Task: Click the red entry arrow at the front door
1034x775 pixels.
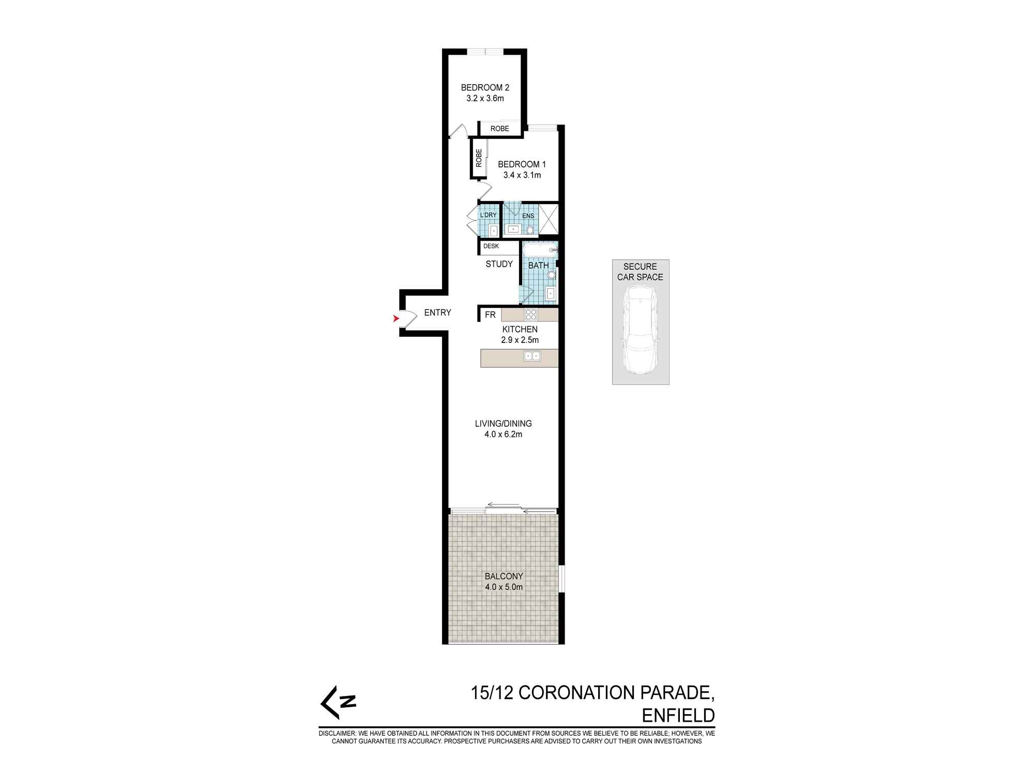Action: tap(396, 319)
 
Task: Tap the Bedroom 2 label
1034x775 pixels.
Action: tap(485, 88)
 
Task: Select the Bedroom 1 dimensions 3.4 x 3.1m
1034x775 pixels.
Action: tap(522, 175)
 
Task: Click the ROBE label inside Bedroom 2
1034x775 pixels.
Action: tap(500, 129)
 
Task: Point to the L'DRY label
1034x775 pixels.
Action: tap(489, 215)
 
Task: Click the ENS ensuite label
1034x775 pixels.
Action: tap(528, 216)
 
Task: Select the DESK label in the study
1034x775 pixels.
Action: tap(491, 246)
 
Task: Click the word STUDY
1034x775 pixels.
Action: tap(499, 264)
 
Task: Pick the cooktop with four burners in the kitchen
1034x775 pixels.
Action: tap(531, 314)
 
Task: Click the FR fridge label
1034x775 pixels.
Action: tap(490, 315)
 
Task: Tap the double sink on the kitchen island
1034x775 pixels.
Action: tap(532, 355)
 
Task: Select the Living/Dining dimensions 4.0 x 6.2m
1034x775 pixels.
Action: tap(503, 435)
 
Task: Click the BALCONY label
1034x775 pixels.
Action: tap(504, 576)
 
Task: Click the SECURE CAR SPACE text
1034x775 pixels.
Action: tap(640, 272)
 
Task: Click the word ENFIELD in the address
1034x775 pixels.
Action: tap(678, 716)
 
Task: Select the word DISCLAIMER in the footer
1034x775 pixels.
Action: tap(337, 733)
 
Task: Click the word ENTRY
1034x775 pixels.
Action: tap(437, 313)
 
